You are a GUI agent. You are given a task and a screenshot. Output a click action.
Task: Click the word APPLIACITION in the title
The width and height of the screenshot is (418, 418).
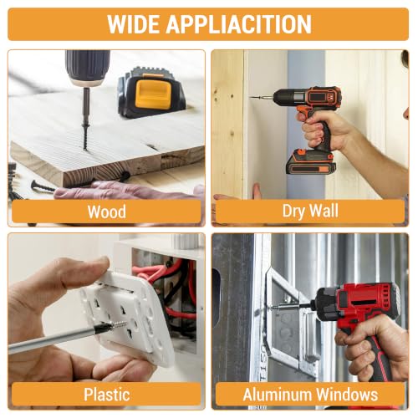tap(239, 24)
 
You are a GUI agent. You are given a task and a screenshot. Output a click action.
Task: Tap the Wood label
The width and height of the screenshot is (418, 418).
tap(107, 212)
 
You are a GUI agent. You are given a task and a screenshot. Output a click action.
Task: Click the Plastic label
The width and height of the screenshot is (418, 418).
tap(107, 395)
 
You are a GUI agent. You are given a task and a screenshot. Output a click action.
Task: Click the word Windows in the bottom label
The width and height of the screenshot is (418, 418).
tap(347, 395)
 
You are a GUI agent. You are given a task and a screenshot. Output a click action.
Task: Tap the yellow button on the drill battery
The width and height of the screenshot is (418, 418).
tap(153, 93)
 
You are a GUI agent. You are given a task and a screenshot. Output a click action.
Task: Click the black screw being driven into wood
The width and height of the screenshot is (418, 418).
tap(85, 136)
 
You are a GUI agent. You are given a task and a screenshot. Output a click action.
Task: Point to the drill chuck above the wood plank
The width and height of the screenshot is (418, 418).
tap(87, 68)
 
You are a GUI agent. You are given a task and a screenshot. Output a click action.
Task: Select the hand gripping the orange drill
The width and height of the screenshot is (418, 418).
tap(324, 128)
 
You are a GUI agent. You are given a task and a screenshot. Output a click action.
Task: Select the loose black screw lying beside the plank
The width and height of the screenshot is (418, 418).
tap(43, 186)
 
